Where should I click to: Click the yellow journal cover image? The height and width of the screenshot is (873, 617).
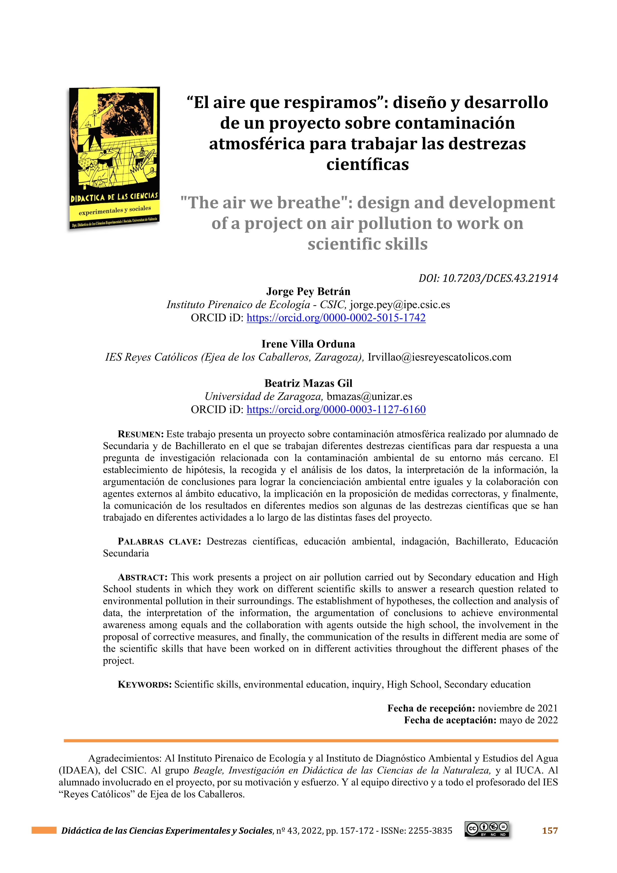click(x=114, y=158)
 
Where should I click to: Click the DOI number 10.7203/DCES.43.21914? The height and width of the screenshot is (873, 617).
click(x=500, y=278)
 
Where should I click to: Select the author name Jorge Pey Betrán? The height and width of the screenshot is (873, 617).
click(x=308, y=292)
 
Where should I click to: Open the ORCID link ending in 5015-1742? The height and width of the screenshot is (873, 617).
click(x=336, y=318)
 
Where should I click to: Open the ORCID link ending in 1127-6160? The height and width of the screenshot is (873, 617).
click(x=336, y=410)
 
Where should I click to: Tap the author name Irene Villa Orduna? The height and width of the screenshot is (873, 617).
click(x=308, y=344)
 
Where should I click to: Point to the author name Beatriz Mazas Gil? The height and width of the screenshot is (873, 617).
click(x=308, y=383)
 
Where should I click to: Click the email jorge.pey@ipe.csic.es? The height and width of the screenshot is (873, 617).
click(x=400, y=305)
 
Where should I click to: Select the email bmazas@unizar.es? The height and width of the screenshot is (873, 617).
click(x=369, y=397)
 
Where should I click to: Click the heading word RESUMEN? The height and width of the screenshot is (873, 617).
click(x=141, y=435)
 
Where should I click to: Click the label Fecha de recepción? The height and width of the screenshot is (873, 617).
click(x=431, y=708)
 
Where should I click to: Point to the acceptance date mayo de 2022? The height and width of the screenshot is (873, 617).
click(x=528, y=720)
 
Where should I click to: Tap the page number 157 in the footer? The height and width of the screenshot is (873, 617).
click(x=550, y=831)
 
